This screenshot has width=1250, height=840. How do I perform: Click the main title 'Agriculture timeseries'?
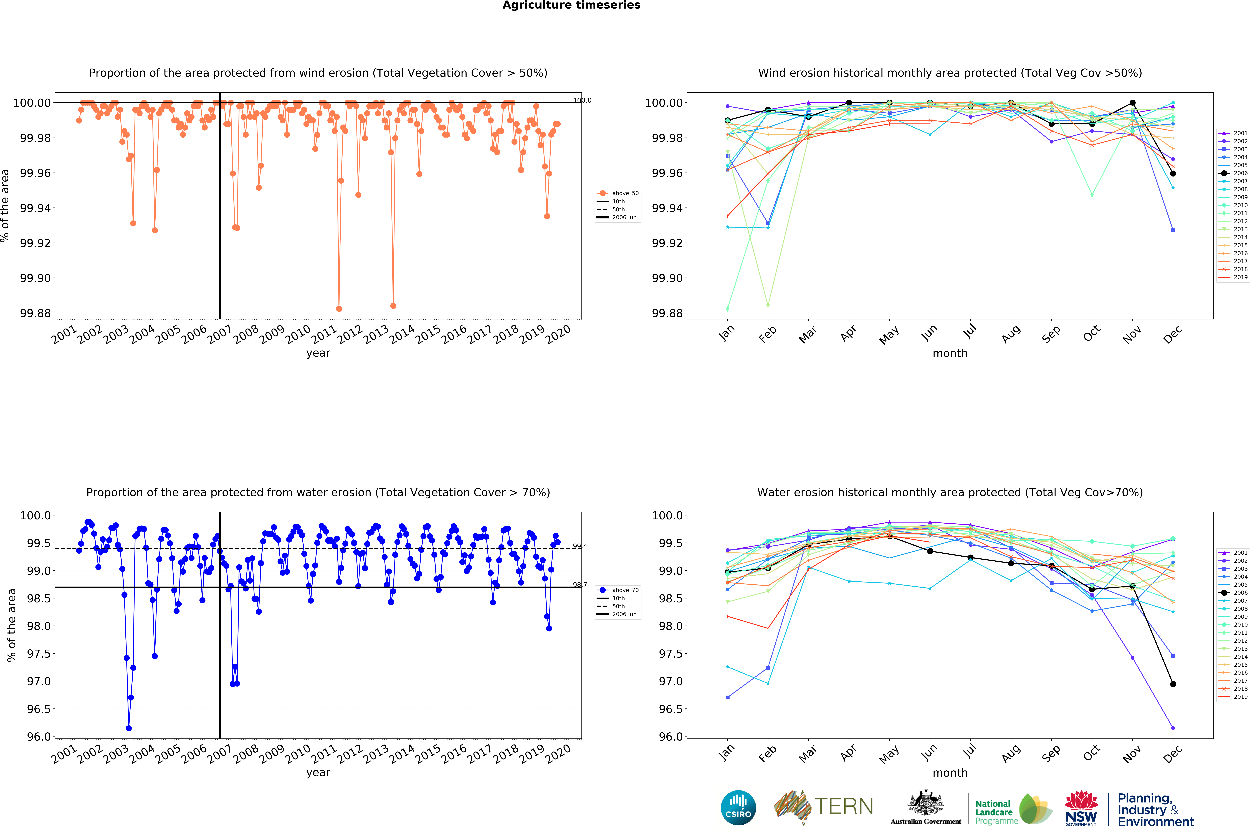pyautogui.click(x=571, y=5)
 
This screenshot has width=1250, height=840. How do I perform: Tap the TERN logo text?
pyautogui.click(x=844, y=806)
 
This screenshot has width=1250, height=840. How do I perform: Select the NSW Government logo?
pyautogui.click(x=1081, y=808)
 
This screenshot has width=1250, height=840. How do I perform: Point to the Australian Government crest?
pyautogui.click(x=925, y=804)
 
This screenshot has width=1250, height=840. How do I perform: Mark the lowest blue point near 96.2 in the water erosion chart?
pyautogui.click(x=128, y=729)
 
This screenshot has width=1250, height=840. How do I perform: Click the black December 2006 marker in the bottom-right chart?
pyautogui.click(x=1173, y=684)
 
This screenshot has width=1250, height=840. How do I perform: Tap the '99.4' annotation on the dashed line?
pyautogui.click(x=580, y=546)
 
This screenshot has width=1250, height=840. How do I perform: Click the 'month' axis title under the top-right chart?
pyautogui.click(x=950, y=354)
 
